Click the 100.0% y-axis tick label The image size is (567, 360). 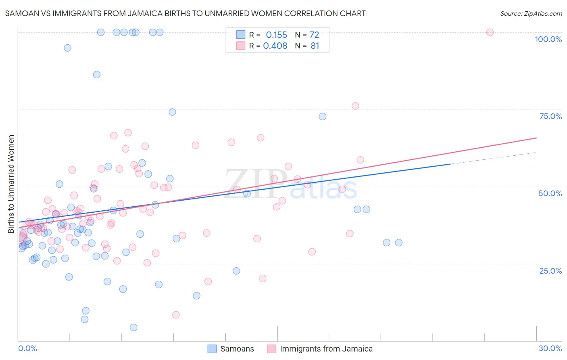pos(548,39)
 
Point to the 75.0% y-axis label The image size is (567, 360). pos(550,116)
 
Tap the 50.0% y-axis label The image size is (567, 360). pos(550,193)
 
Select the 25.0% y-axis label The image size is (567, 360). pos(550,270)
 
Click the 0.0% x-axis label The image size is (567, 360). pos(27,348)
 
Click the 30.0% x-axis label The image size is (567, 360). pos(550,348)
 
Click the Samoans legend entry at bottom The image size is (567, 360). pos(237,349)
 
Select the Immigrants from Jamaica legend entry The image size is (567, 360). pos(326,349)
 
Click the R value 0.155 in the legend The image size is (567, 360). pos(276,35)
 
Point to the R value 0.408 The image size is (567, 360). pos(275,46)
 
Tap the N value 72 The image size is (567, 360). pos(314,35)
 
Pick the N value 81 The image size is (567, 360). pos(315,46)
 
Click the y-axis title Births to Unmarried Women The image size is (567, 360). pos(11,184)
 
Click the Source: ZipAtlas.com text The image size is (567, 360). pos(531,13)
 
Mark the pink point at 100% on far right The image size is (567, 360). pos(490,32)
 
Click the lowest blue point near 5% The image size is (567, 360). pos(133,327)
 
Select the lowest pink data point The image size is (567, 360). pos(176,315)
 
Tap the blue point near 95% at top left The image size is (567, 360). pos(67,48)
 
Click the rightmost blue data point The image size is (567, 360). pos(398,243)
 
